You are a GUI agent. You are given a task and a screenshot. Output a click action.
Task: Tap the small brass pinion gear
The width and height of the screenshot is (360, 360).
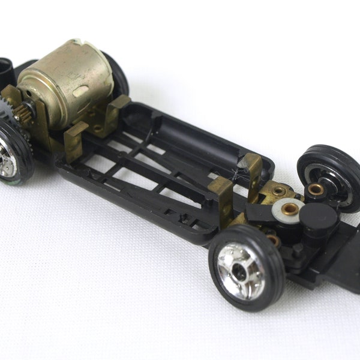(x=26, y=111)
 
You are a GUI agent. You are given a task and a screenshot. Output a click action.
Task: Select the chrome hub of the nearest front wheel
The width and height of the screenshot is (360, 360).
(x=239, y=270)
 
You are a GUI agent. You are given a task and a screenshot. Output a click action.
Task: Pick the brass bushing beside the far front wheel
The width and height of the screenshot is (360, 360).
(x=314, y=191)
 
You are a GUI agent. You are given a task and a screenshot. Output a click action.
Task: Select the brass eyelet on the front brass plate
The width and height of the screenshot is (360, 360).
(x=278, y=191)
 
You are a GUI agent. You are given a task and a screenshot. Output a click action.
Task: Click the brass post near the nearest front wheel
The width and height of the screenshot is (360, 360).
(x=272, y=239)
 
